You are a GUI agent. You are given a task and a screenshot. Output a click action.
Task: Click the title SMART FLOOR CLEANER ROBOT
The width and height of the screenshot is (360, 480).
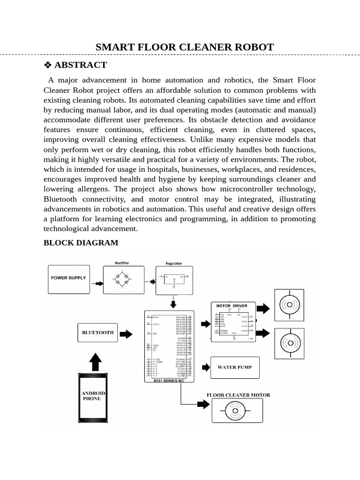[x=185, y=47]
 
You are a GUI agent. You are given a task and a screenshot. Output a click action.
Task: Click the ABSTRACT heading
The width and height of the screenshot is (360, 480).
[x=80, y=65]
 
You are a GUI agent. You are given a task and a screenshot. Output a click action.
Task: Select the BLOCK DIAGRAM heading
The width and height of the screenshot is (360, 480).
[x=81, y=242]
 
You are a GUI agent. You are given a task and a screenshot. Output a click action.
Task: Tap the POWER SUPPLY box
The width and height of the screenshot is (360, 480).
[x=68, y=278]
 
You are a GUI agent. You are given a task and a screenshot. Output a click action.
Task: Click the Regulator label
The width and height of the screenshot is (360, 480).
[x=174, y=263]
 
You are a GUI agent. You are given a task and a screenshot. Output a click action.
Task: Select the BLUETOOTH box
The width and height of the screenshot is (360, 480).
[x=98, y=332]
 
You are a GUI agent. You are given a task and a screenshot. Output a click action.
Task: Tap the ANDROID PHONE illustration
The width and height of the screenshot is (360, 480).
[x=94, y=396]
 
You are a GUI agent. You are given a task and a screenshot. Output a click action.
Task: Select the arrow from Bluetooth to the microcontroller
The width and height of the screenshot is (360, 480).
[x=126, y=334]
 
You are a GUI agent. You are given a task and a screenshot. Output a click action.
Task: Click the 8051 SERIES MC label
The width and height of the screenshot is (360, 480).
[x=169, y=381]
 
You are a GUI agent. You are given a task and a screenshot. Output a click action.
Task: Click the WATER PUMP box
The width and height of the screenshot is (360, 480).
[x=234, y=367]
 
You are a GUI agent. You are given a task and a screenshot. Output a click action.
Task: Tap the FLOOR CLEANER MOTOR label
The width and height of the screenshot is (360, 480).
[x=238, y=395]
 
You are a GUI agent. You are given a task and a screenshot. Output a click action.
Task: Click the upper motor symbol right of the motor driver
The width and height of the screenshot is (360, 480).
[x=289, y=305]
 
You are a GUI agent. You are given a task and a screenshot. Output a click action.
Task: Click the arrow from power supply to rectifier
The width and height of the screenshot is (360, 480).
[x=99, y=283]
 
